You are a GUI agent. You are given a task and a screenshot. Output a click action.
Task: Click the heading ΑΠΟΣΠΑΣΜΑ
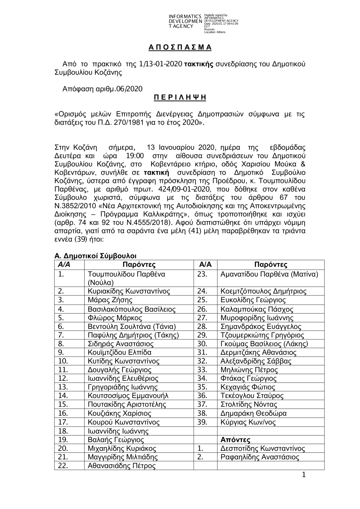tap(180, 48)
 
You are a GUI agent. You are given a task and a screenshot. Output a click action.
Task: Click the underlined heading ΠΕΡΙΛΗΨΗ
tap(180, 98)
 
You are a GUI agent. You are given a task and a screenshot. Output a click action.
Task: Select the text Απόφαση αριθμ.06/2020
tap(102, 89)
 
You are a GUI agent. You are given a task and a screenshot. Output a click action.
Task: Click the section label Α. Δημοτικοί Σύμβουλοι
tap(95, 256)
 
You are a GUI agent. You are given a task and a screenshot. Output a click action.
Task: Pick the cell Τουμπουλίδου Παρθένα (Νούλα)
tap(126, 278)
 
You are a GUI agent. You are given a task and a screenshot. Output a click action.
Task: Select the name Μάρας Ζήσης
tap(110, 300)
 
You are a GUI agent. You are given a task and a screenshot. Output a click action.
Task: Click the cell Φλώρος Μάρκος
tap(115, 318)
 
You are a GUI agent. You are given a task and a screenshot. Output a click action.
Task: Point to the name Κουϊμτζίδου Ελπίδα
tap(120, 352)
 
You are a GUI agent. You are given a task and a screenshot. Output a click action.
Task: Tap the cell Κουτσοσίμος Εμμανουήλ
tap(128, 396)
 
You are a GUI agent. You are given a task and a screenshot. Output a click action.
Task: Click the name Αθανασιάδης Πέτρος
tap(122, 466)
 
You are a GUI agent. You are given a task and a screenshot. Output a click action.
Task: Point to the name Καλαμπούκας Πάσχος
tap(257, 309)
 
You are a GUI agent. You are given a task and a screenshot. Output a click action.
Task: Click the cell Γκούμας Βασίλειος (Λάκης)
tap(264, 344)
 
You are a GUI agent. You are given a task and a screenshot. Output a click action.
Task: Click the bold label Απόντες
tap(235, 440)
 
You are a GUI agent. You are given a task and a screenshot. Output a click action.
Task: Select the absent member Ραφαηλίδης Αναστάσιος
tap(260, 457)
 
